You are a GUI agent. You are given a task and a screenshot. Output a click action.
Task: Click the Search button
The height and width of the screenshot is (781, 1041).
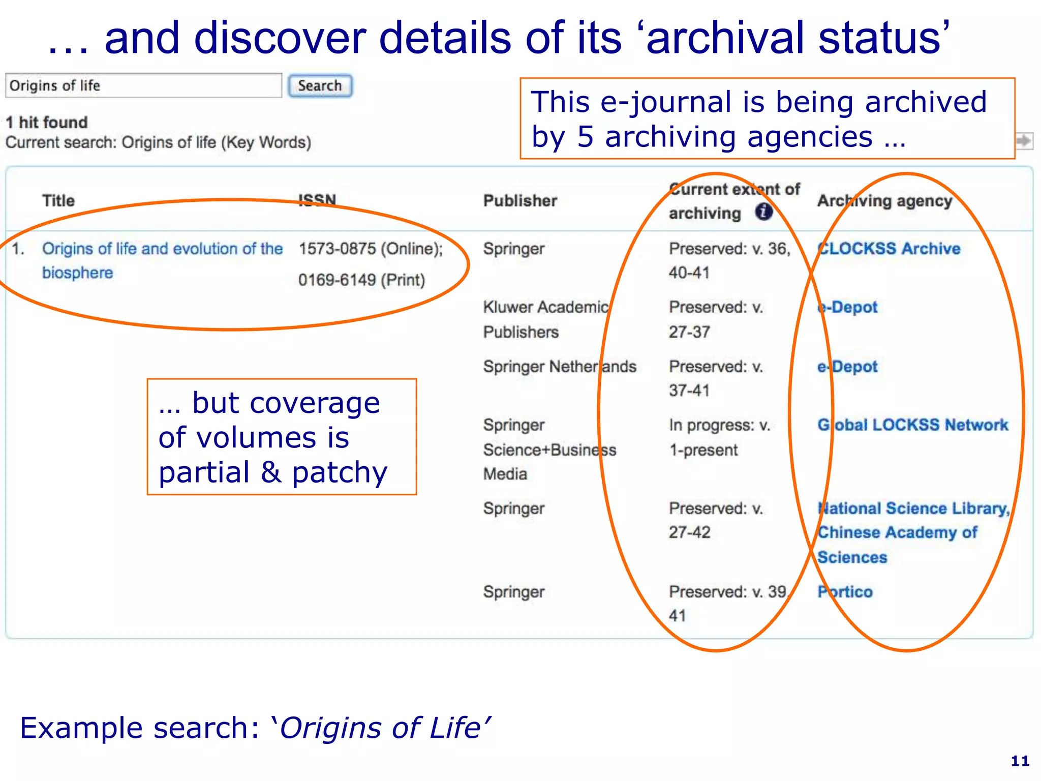click(320, 86)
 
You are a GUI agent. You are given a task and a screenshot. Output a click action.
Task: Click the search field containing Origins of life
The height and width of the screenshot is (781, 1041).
click(143, 86)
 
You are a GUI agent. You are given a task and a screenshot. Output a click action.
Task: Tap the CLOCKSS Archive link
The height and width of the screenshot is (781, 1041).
click(889, 249)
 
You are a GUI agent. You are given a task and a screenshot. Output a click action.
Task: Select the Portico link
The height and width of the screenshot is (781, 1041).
click(845, 592)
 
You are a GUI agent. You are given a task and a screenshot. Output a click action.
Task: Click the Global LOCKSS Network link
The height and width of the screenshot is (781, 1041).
click(913, 425)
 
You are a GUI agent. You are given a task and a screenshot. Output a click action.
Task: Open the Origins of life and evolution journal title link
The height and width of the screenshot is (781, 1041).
click(162, 249)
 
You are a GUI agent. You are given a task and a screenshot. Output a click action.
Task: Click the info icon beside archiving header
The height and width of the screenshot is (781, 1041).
click(763, 212)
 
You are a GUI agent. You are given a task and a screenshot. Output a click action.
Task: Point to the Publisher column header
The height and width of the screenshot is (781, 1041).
click(520, 201)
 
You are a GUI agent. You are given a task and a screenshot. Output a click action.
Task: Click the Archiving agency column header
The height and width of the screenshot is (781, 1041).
click(884, 201)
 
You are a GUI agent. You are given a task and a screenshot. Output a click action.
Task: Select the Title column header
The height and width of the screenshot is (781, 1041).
click(58, 201)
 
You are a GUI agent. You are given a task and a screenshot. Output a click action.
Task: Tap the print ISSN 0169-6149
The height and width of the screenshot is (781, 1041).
click(361, 280)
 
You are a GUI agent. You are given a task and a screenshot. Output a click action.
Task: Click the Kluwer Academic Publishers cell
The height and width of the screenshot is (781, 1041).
click(545, 319)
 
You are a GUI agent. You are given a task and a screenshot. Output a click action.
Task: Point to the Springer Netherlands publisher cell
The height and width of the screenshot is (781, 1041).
click(559, 367)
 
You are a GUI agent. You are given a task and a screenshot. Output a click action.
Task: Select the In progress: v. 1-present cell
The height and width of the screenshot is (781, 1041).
click(719, 437)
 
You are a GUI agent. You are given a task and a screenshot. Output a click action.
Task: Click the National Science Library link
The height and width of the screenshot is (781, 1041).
click(912, 509)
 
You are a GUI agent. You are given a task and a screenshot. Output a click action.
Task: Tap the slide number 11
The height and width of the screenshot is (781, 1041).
click(1020, 761)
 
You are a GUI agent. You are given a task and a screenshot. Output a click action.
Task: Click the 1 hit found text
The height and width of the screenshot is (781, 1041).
click(47, 123)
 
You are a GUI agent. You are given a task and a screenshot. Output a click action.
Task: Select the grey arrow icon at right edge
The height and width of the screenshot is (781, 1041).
click(1024, 141)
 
